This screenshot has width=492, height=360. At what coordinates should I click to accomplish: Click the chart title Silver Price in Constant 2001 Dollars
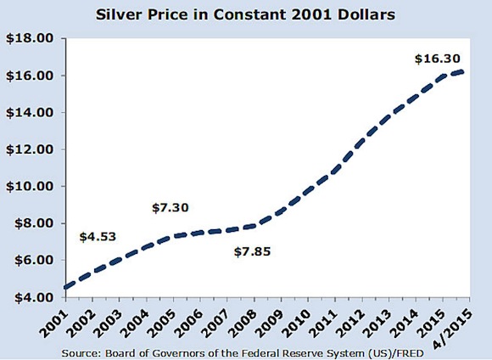click(246, 14)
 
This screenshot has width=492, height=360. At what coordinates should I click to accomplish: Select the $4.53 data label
click(98, 238)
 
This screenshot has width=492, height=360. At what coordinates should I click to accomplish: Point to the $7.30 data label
click(171, 207)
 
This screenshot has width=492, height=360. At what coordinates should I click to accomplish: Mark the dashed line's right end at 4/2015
click(461, 72)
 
